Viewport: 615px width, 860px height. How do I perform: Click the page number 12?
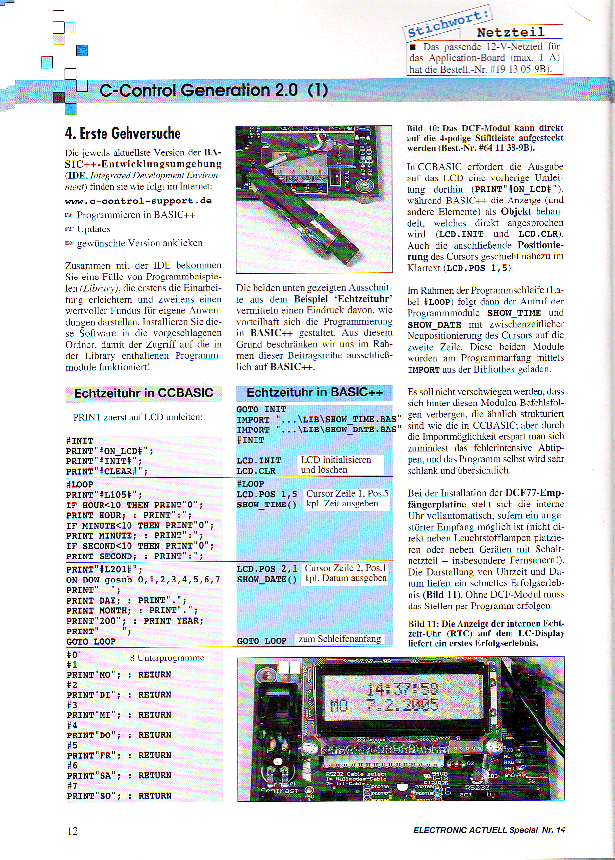click(73, 831)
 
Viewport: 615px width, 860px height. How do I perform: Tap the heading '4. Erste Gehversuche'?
click(123, 133)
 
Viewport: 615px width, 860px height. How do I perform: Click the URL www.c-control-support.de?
click(138, 201)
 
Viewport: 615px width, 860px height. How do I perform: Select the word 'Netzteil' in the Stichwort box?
click(511, 32)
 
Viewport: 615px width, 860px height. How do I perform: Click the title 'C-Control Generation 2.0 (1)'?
click(213, 90)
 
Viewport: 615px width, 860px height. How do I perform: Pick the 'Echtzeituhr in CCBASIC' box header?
click(143, 393)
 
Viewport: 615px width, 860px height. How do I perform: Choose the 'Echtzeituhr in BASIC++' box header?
click(314, 392)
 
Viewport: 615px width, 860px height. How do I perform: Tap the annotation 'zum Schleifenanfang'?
click(339, 639)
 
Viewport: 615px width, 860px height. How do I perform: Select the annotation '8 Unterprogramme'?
click(167, 658)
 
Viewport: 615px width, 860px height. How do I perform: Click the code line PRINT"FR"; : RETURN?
click(119, 756)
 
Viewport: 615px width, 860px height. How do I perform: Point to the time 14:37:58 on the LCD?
click(402, 689)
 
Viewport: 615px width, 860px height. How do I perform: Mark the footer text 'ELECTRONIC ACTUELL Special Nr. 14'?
click(489, 830)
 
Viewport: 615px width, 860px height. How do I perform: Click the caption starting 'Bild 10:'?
click(485, 138)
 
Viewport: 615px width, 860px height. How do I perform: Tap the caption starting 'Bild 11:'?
click(486, 633)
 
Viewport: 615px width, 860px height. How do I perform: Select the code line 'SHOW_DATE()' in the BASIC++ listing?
click(267, 580)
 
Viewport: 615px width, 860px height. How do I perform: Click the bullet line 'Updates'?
click(94, 229)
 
